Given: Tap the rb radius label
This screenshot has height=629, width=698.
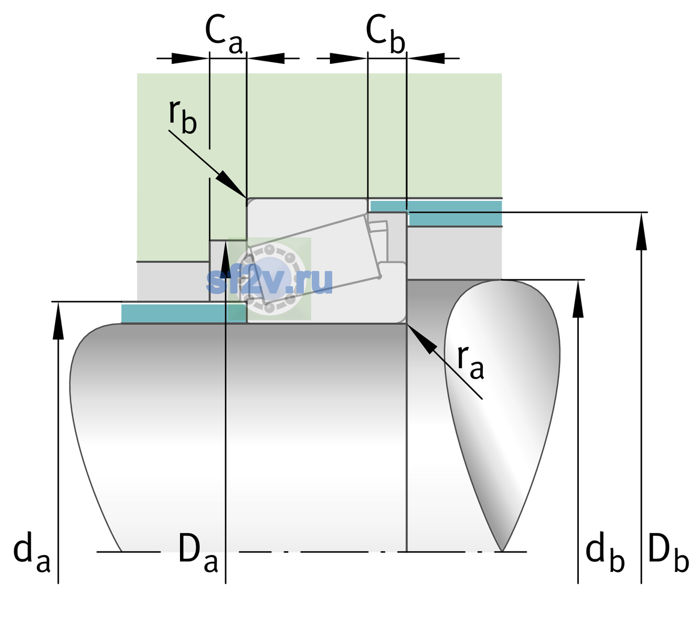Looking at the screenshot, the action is tap(183, 117).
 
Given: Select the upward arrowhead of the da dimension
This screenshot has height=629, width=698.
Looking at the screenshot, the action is tap(58, 320).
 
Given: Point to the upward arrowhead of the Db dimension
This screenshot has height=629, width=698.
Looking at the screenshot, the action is tap(641, 231).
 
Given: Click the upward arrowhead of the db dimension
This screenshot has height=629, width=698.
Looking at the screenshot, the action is tap(578, 299).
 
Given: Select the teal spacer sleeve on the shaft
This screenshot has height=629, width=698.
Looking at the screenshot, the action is tap(184, 313).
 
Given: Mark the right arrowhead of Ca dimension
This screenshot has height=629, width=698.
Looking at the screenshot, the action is tap(266, 58).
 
